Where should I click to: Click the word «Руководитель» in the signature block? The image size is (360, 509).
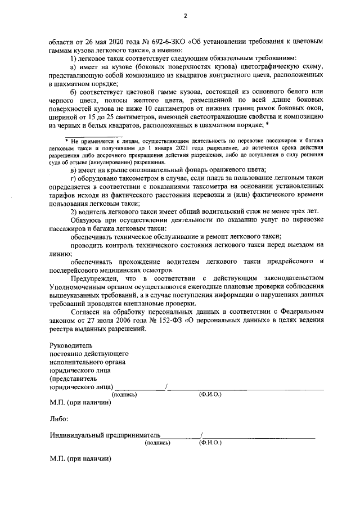[x=70, y=345]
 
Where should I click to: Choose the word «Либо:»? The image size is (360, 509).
[x=60, y=419]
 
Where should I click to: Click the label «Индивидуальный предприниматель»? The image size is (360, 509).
[x=105, y=435]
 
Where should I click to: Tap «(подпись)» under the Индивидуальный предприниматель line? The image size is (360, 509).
[x=158, y=443]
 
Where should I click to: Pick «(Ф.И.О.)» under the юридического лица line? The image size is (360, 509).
[x=210, y=394]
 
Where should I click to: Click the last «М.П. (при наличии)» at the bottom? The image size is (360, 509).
[x=80, y=460]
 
